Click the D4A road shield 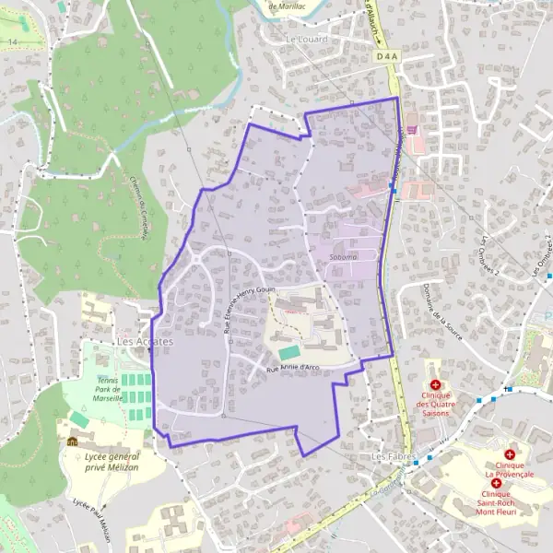pos(388,56)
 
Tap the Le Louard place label pos(307,40)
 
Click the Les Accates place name pos(145,342)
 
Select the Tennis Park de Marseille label pos(116,384)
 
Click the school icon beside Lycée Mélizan pos(72,442)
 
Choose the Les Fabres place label pos(390,456)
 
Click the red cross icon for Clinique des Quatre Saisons pos(435,383)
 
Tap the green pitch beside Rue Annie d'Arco pos(288,352)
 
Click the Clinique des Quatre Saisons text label pos(434,404)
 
